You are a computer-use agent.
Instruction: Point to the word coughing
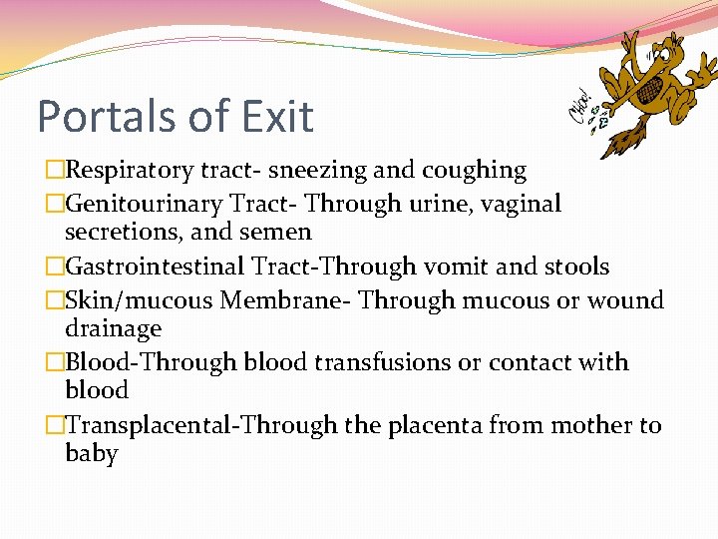[x=477, y=171]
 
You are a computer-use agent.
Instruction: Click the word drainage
[x=113, y=328]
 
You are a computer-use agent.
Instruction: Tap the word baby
[x=91, y=453]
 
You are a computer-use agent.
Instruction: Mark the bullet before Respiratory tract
[x=54, y=172]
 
